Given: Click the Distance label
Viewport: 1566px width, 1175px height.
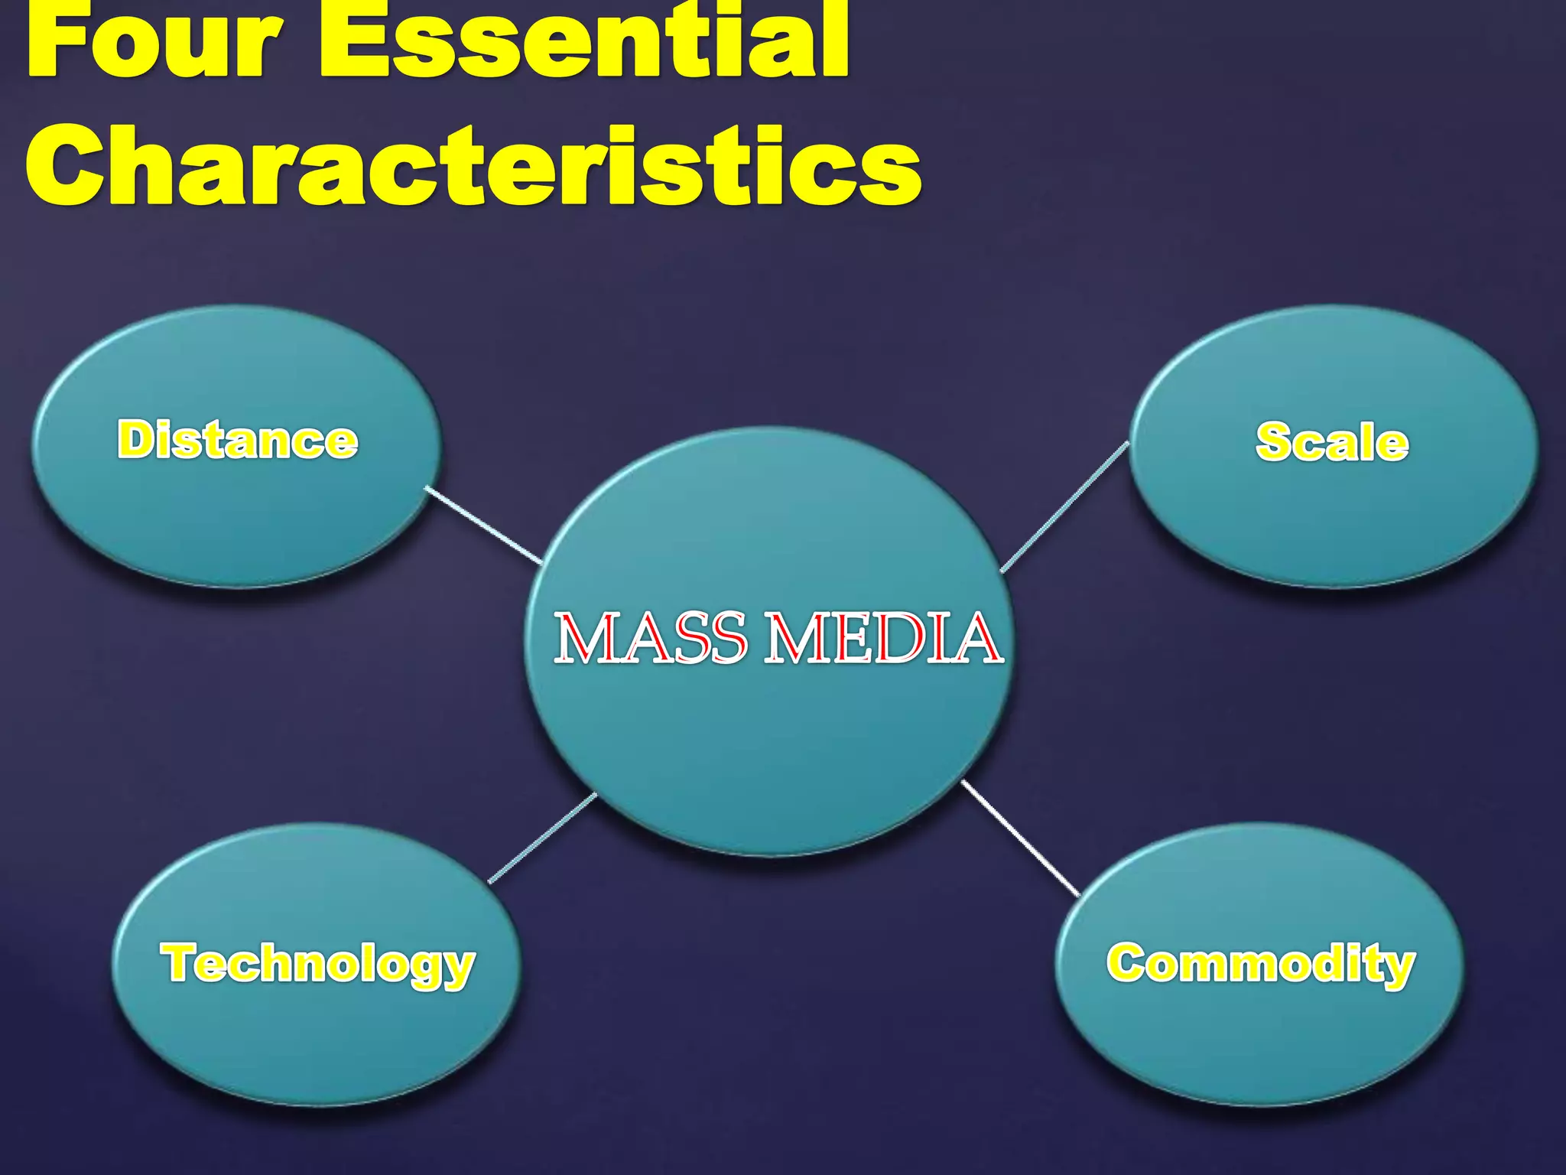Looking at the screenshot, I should coord(237,440).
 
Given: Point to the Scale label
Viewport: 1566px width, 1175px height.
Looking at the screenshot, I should coord(1331,442).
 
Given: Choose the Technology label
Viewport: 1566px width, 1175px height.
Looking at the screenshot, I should coord(317,963).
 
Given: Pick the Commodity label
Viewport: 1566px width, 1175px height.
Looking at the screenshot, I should coord(1260,963).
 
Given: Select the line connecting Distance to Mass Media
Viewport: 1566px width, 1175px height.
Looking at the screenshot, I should coord(483,525).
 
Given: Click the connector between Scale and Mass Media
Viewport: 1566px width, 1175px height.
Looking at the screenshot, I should coord(1064,506).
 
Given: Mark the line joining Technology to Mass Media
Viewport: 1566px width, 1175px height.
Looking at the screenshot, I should coord(542,838).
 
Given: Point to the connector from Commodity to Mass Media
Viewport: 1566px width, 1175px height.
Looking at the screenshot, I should coord(1020,838).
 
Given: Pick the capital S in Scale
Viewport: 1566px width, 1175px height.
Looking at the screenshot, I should coord(1274,442).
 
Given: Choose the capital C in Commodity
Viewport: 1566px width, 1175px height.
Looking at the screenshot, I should coord(1127,963).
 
